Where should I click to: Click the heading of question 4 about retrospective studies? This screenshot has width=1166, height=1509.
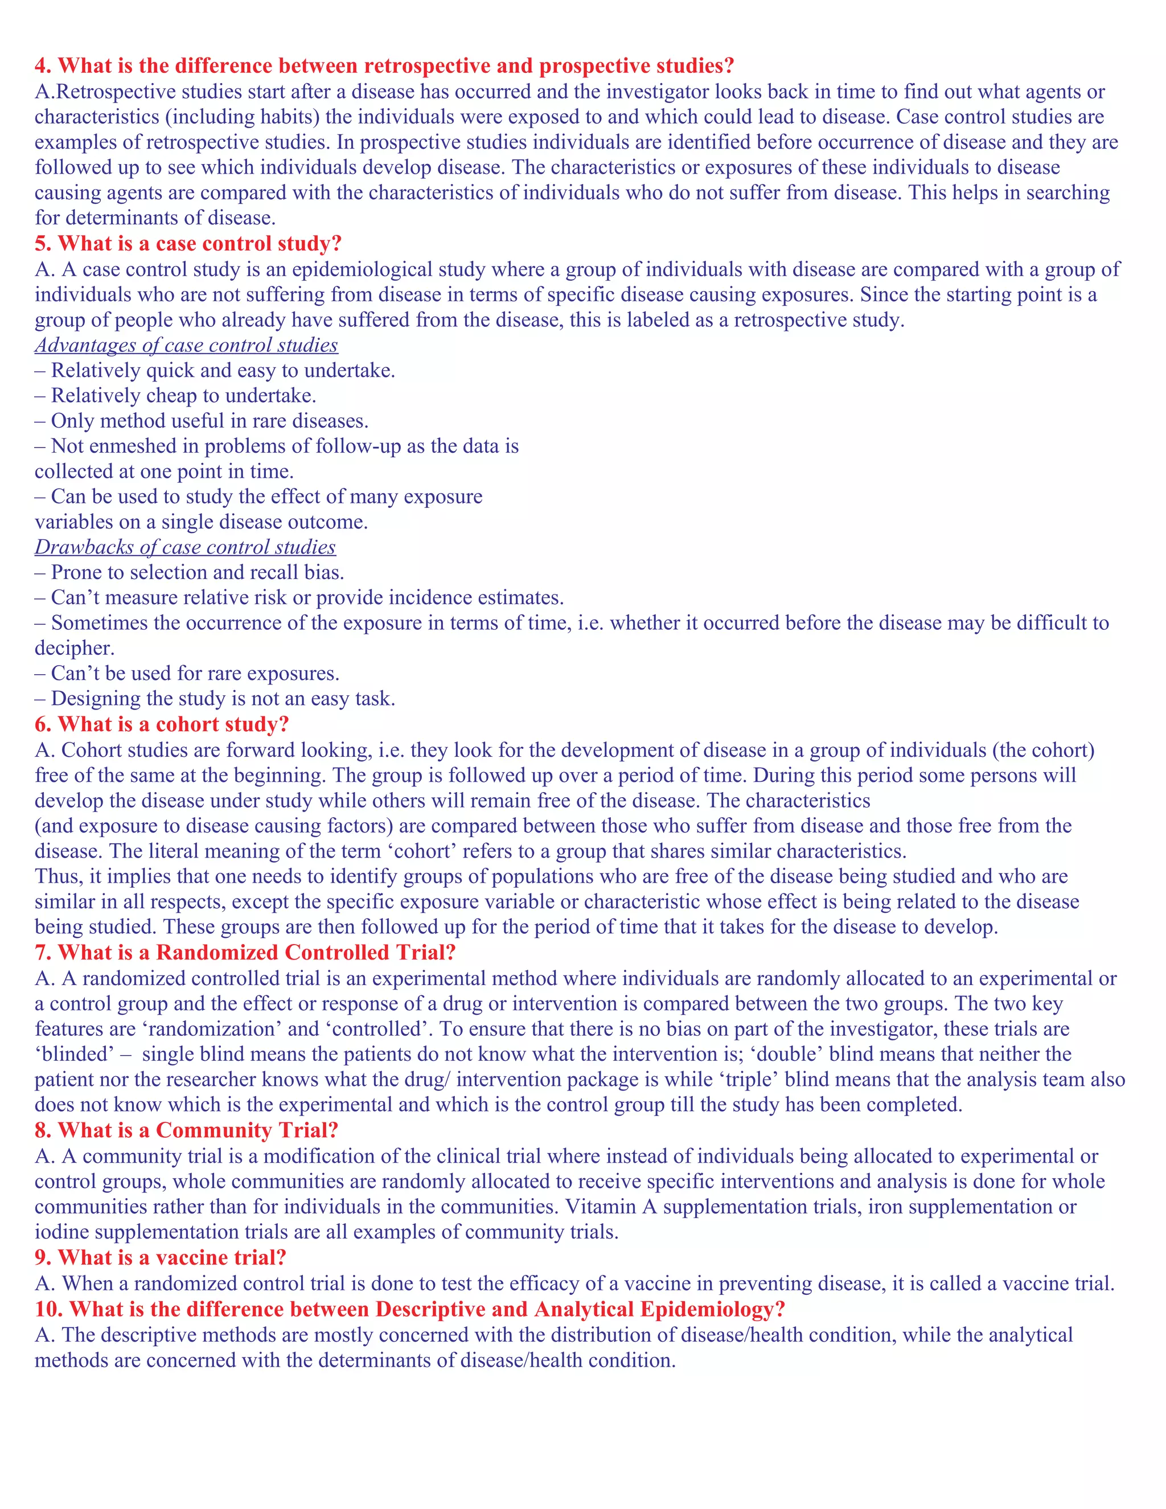(384, 65)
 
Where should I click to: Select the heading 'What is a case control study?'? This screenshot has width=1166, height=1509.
(188, 243)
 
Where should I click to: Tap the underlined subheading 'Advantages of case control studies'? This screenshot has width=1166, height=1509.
(187, 345)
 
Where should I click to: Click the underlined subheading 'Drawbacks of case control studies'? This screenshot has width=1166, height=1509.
(185, 547)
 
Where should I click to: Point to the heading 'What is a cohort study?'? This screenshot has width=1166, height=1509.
(162, 724)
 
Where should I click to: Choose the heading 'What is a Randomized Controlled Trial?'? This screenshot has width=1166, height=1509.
(245, 952)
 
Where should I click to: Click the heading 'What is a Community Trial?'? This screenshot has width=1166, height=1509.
(187, 1130)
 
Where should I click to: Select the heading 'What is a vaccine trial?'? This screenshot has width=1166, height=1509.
(160, 1257)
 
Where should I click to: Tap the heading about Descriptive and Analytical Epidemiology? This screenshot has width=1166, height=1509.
(410, 1309)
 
